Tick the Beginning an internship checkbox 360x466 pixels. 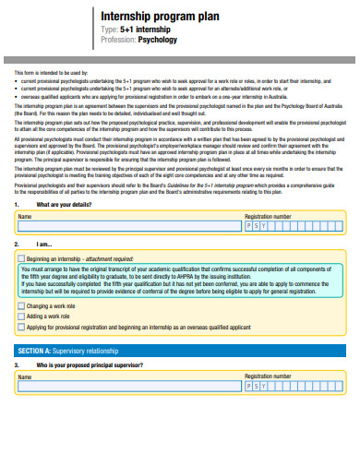point(22,259)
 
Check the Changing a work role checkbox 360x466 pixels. point(22,305)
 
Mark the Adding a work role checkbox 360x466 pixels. point(22,316)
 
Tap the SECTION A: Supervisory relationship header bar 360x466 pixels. point(179,352)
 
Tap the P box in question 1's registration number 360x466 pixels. point(248,226)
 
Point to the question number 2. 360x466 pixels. point(17,245)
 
